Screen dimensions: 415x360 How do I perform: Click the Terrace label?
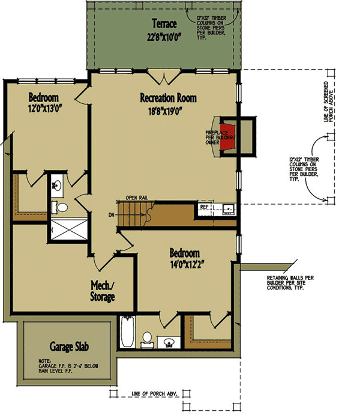tap(164, 25)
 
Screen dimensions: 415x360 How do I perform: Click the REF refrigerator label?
tap(204, 207)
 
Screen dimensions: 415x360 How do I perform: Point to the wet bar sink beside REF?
tap(227, 210)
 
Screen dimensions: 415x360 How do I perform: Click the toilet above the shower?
tap(61, 208)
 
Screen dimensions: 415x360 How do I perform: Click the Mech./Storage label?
tap(103, 291)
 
